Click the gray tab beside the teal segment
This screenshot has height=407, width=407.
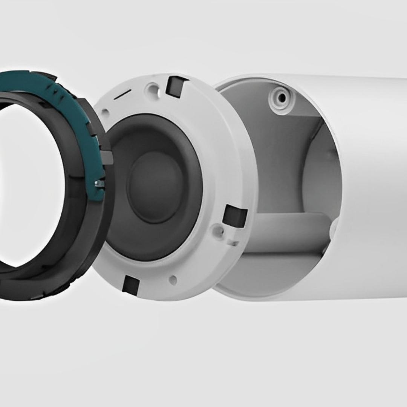pos(107,158)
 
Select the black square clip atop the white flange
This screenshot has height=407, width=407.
pos(176,86)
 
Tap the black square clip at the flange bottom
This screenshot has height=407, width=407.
pos(131,285)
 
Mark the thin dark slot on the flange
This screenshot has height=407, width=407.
pos(123,94)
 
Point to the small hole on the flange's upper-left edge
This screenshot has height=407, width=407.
pos(105,112)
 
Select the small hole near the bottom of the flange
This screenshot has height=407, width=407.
pos(173,280)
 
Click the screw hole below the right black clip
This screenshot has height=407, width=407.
pos(217,230)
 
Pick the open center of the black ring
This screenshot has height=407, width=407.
pos(30,185)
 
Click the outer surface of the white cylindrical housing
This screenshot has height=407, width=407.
pos(373,188)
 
